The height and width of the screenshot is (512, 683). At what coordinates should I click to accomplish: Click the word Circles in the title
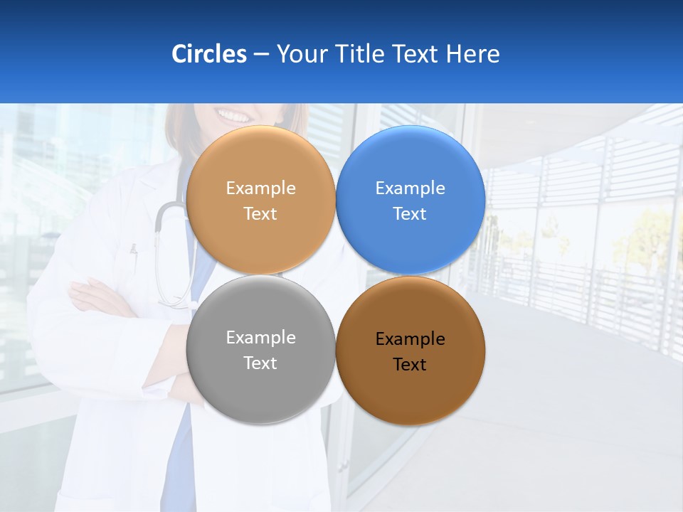(209, 54)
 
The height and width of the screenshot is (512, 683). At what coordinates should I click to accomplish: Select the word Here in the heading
(473, 54)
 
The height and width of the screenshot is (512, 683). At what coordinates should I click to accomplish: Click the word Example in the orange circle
(260, 188)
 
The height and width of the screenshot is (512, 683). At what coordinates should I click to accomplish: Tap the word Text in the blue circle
(410, 214)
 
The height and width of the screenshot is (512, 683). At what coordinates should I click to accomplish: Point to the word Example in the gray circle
(260, 338)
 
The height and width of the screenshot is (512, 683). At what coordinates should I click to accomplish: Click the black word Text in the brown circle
(410, 365)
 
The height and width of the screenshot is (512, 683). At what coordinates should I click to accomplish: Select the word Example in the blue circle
(410, 188)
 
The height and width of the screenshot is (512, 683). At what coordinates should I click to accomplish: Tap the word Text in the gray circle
(260, 363)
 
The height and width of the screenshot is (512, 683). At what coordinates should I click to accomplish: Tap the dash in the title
(261, 55)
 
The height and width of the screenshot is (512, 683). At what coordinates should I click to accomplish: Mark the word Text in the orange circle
(260, 214)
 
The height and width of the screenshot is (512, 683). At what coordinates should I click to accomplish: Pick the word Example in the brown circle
(410, 339)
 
